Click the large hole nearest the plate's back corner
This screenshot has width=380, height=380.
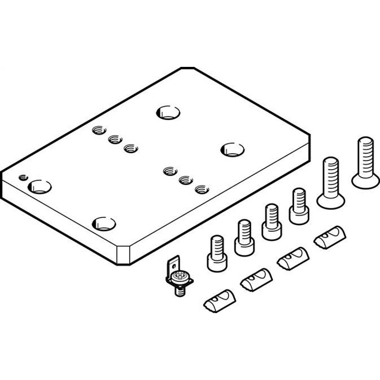click(x=168, y=112)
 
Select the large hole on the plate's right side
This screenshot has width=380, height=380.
click(x=232, y=149)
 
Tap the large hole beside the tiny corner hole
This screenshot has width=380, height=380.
click(x=40, y=187)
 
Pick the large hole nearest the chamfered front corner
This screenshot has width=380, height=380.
click(x=104, y=224)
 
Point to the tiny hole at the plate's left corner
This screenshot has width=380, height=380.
click(x=24, y=177)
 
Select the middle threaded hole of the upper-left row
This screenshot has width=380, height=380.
click(x=114, y=140)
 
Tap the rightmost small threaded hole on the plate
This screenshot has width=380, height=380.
click(x=202, y=188)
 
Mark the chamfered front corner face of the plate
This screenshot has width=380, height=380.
click(x=123, y=255)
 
